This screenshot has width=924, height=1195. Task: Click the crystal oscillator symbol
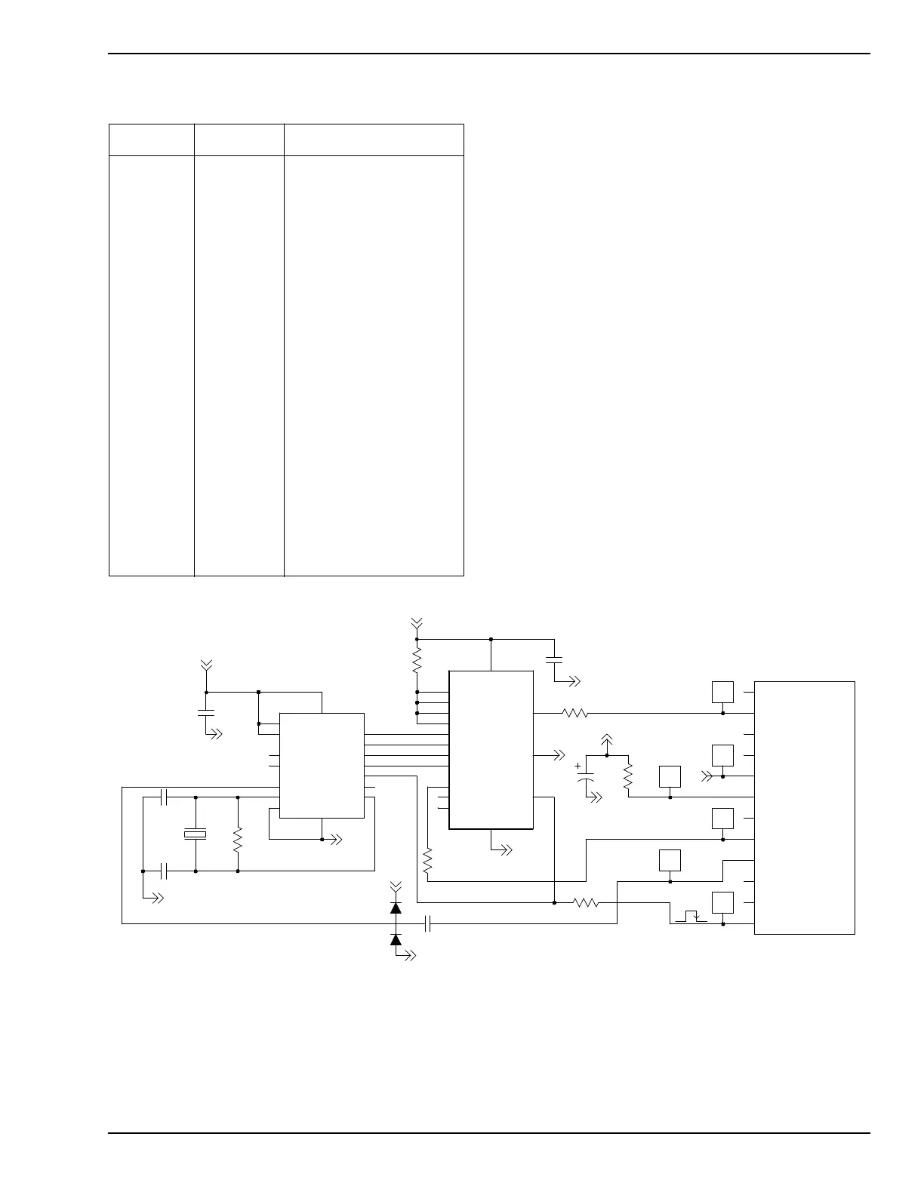click(196, 834)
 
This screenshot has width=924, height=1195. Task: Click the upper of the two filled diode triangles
click(396, 908)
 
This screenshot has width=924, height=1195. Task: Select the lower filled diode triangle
click(396, 939)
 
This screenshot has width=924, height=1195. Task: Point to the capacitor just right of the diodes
click(428, 923)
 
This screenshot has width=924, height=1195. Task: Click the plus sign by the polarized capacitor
click(578, 766)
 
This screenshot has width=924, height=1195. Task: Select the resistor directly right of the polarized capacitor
click(628, 776)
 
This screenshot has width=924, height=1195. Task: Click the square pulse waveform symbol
click(691, 917)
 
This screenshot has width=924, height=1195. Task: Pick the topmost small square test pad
click(722, 692)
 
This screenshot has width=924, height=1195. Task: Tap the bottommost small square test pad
click(722, 902)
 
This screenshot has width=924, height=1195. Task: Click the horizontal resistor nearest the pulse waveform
click(586, 902)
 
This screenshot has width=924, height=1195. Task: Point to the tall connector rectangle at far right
click(804, 807)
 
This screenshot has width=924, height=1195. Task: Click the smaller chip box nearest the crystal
click(322, 765)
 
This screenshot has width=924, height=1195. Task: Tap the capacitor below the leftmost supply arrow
click(206, 712)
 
